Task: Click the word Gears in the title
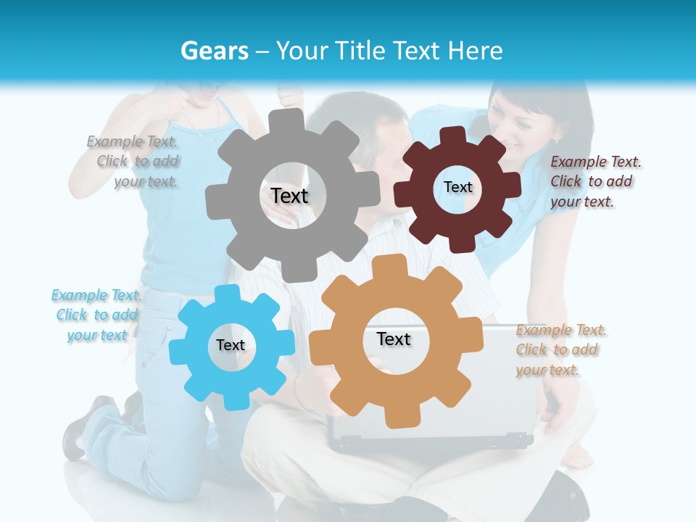pos(212,51)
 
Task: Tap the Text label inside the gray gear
pos(289,196)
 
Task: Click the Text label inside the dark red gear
pos(457,187)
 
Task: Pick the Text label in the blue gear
pos(231,345)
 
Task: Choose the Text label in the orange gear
pos(394,339)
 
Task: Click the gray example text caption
pos(135,161)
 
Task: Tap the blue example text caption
pos(96,315)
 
